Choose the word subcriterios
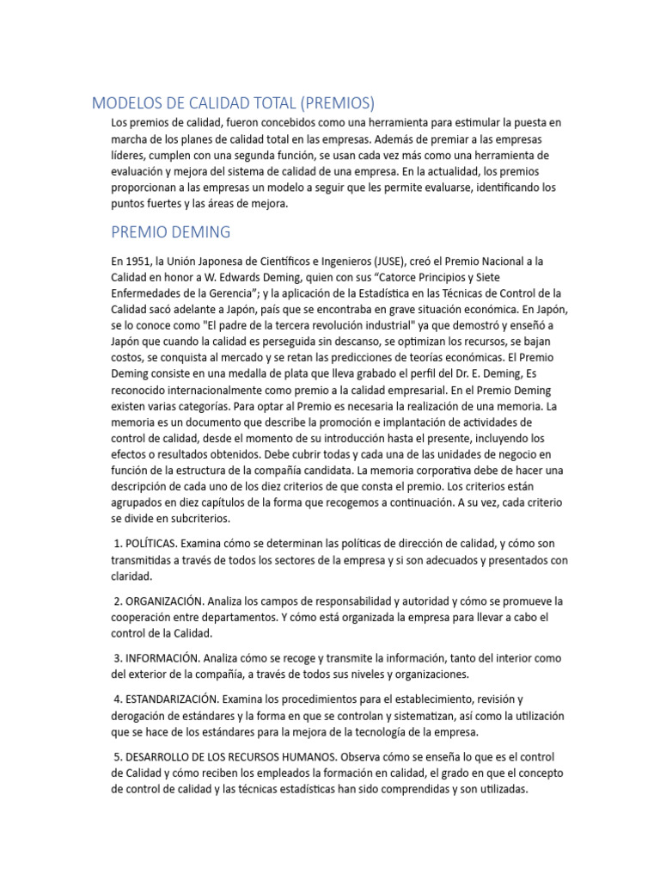199,521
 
